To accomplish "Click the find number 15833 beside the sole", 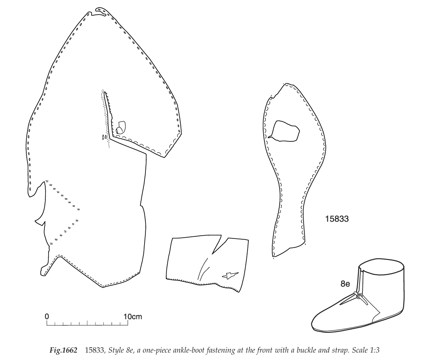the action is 337,219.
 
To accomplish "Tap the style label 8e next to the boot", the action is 345,283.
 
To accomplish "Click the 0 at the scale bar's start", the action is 47,316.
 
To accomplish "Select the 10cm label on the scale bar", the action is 133,316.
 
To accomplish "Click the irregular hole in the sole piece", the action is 285,131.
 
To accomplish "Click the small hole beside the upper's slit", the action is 120,126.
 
